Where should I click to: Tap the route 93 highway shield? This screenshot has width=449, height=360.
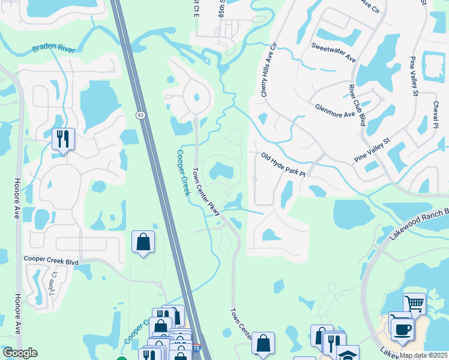click(140, 114)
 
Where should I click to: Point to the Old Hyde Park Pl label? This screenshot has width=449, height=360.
click(283, 164)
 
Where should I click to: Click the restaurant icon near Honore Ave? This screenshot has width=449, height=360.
click(63, 139)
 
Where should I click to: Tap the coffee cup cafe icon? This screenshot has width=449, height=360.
click(402, 328)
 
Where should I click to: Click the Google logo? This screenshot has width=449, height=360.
click(19, 353)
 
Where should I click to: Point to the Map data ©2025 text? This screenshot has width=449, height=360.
click(422, 355)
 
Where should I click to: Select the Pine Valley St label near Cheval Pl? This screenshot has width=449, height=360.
click(413, 76)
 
